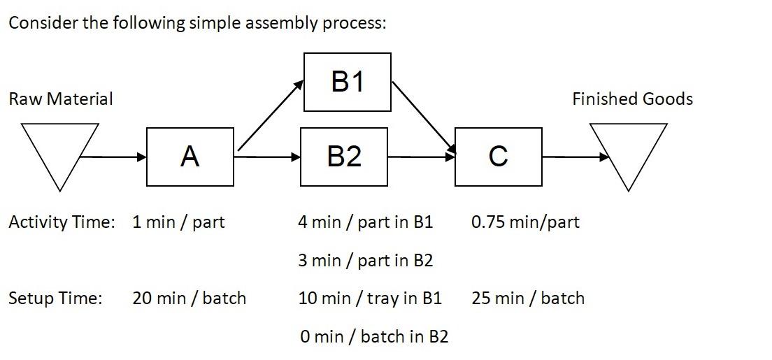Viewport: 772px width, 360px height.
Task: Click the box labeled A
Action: pos(190,157)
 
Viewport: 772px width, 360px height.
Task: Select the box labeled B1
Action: pos(348,82)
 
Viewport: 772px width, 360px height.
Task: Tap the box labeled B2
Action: pos(343,157)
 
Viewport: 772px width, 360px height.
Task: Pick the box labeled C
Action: pos(498,157)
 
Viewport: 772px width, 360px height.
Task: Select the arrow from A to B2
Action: pos(267,157)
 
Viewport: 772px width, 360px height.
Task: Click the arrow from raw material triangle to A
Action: pos(116,157)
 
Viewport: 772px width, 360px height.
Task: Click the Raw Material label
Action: pos(60,99)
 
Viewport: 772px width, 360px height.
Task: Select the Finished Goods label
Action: pos(632,99)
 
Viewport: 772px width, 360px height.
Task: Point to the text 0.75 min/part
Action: pos(525,222)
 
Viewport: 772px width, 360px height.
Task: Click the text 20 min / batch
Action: pos(189,298)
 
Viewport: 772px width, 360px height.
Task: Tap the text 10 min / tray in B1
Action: pos(369,298)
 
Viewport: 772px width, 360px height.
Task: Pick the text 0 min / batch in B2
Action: pos(374,337)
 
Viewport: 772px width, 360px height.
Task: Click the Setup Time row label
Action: pos(55,298)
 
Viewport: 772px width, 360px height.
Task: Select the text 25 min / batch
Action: pos(527,298)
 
